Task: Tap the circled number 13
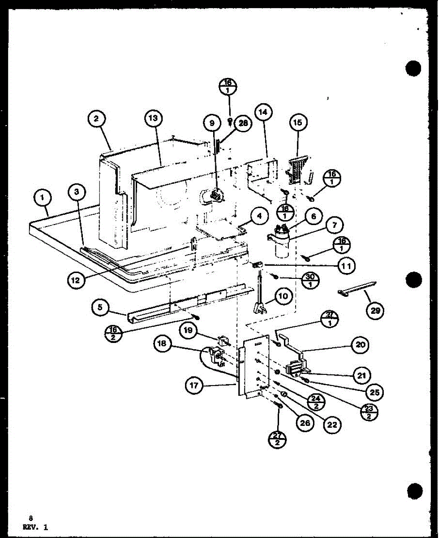(x=154, y=119)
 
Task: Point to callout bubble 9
(x=212, y=122)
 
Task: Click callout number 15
(x=298, y=121)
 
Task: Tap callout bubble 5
(x=101, y=308)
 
